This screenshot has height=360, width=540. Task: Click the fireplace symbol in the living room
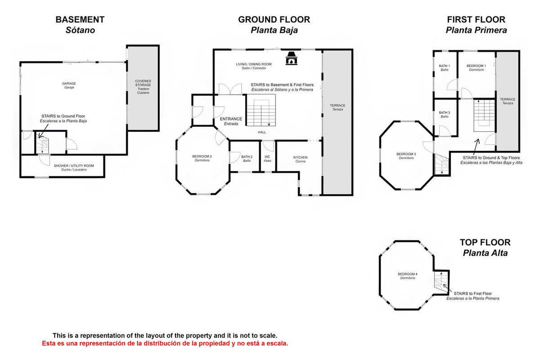292,59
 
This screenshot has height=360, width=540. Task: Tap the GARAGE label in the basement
69,83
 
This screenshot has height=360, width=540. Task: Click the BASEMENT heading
80,20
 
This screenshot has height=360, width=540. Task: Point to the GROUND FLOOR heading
274,20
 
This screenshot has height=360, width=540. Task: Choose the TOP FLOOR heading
485,243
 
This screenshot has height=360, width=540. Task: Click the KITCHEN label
300,157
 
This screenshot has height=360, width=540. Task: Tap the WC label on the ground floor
267,157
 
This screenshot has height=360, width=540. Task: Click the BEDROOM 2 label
202,156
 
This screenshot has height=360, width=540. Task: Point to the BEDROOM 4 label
407,274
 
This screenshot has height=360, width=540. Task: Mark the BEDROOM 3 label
406,154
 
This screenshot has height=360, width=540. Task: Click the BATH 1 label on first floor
445,66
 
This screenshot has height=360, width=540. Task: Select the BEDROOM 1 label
476,66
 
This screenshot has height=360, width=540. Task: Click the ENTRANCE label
231,119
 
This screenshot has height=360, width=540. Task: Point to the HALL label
262,132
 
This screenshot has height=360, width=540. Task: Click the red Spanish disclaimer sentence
165,343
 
